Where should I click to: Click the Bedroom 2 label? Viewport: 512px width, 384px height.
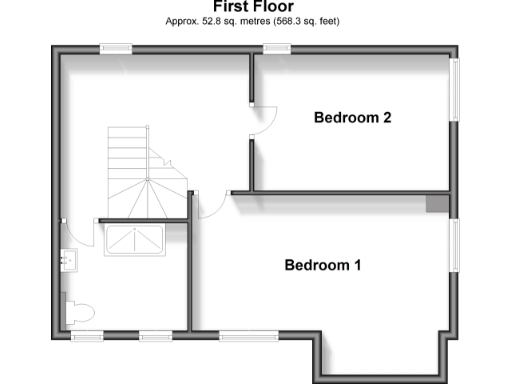click(x=352, y=118)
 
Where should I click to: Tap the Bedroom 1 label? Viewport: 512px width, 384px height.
click(x=322, y=265)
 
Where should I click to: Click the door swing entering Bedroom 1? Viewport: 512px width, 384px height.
click(x=213, y=205)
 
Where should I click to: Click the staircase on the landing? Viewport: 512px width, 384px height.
click(x=142, y=175)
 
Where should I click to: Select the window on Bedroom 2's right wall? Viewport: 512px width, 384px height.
click(x=454, y=90)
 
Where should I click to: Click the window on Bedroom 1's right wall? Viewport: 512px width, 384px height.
click(x=454, y=245)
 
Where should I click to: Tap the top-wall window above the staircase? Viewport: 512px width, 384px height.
click(x=115, y=47)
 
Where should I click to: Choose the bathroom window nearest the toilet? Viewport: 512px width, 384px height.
click(x=87, y=334)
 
